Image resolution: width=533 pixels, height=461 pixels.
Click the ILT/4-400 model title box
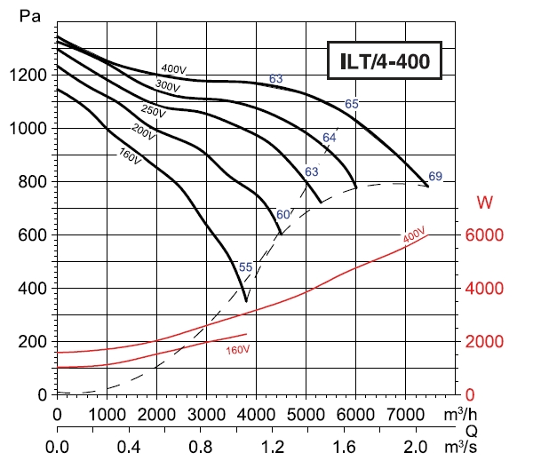click(x=385, y=62)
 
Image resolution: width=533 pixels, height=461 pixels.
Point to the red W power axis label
click(x=485, y=203)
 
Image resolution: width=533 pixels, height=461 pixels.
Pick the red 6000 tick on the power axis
click(x=486, y=235)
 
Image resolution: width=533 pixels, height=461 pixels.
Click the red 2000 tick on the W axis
click(x=486, y=342)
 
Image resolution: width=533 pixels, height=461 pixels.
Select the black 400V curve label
click(x=173, y=69)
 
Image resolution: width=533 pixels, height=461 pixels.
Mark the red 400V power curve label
click(x=413, y=235)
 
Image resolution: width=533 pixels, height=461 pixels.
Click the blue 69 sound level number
click(x=434, y=175)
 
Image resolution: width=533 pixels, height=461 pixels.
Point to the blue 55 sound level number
click(x=245, y=267)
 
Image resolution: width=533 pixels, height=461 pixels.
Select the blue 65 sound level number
click(x=352, y=104)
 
